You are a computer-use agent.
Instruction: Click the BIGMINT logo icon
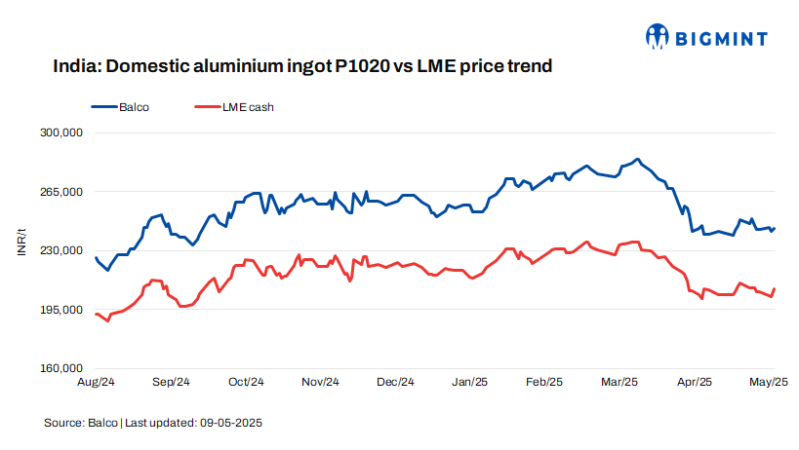coord(657,37)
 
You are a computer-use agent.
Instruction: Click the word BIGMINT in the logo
coord(720,39)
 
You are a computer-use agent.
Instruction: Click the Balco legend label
coord(134,106)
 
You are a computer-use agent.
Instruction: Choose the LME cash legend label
coord(248,106)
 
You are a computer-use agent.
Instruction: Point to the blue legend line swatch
coord(103,106)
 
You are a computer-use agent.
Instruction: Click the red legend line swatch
coord(208,106)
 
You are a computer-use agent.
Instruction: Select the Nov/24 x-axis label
coord(320,382)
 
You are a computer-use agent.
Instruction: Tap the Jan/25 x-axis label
coord(470,382)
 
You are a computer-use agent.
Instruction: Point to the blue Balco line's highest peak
coord(637,159)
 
